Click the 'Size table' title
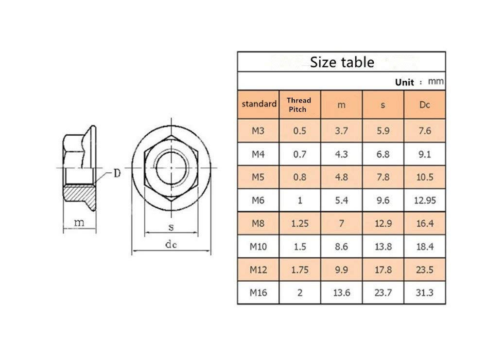pyautogui.click(x=342, y=62)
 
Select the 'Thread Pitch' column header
pyautogui.click(x=298, y=104)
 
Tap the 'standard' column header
pyautogui.click(x=259, y=104)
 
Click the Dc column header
pyautogui.click(x=424, y=105)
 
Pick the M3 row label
pyautogui.click(x=259, y=130)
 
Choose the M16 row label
pyautogui.click(x=259, y=293)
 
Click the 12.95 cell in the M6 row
pyautogui.click(x=424, y=200)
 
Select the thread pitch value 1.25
pyautogui.click(x=300, y=223)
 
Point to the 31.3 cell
pyautogui.click(x=424, y=293)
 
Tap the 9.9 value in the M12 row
pyautogui.click(x=342, y=270)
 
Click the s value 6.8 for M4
pyautogui.click(x=383, y=154)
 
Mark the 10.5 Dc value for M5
pyautogui.click(x=424, y=177)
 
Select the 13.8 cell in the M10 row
pyautogui.click(x=383, y=247)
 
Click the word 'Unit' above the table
pyautogui.click(x=404, y=82)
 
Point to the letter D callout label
pyautogui.click(x=117, y=174)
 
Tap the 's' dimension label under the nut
pyautogui.click(x=171, y=227)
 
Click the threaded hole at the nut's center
pyautogui.click(x=171, y=168)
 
